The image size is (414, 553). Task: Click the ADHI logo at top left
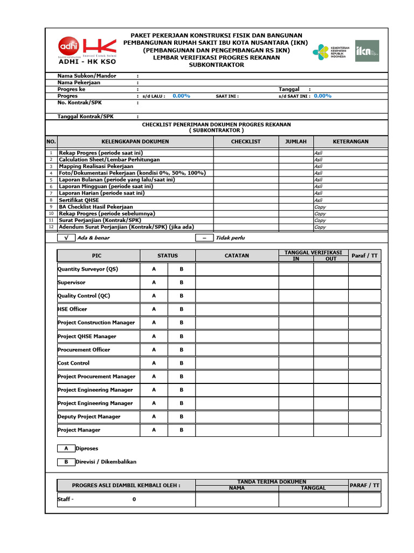coord(67,46)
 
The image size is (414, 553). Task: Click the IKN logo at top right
coord(367,51)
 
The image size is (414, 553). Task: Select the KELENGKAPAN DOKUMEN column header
coord(135,141)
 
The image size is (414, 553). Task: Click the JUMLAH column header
coord(295,141)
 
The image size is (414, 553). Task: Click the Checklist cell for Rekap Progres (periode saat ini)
coord(246,153)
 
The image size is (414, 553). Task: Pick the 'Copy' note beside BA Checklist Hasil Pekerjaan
coord(320,207)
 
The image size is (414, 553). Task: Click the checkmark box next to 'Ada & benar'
coord(66,238)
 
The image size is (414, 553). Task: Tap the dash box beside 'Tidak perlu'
coord(204,238)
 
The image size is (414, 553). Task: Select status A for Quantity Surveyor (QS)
coord(154,269)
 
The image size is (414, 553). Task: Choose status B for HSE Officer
coord(182,309)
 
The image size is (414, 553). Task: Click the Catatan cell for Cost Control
coord(237,363)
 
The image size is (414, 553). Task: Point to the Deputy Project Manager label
coord(89,417)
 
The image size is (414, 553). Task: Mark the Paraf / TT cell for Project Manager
coord(364,430)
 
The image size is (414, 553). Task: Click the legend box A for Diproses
coord(66,448)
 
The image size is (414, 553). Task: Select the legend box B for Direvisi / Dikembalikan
coord(66,462)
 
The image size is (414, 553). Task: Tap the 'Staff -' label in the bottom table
coord(66,500)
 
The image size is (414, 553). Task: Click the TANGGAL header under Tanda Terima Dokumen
coord(313,488)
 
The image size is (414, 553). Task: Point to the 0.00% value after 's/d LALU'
coord(181,96)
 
